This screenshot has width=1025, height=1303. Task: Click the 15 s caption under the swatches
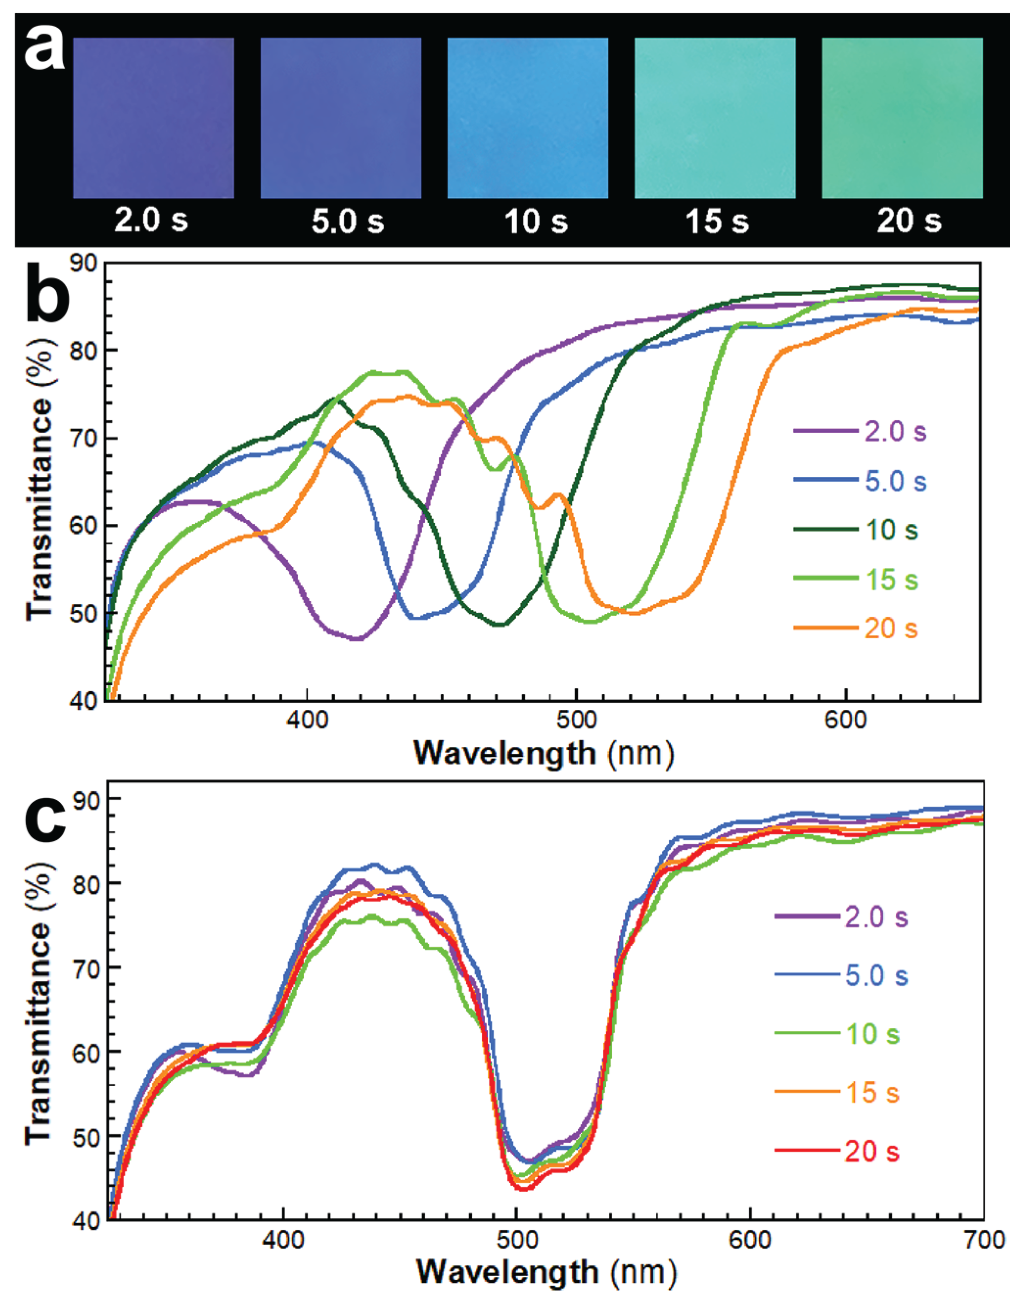(x=717, y=221)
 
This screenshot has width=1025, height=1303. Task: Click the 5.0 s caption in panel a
(x=347, y=221)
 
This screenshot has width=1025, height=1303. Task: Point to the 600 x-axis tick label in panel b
(x=845, y=720)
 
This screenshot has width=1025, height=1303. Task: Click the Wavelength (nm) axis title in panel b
(x=544, y=753)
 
